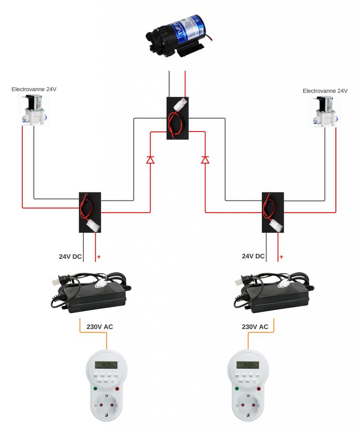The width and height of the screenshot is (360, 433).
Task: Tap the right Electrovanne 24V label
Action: coord(325,91)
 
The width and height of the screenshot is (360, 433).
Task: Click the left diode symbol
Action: coord(150,160)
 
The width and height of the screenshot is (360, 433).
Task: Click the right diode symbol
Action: coord(205,160)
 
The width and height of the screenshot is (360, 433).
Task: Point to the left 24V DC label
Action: coord(70,256)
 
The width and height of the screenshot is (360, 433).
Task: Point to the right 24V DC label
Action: coord(253,256)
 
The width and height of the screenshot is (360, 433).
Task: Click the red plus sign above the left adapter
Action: coord(99,257)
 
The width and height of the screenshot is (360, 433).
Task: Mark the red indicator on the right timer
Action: coord(258,388)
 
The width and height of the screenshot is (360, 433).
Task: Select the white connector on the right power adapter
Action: coord(282,285)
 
